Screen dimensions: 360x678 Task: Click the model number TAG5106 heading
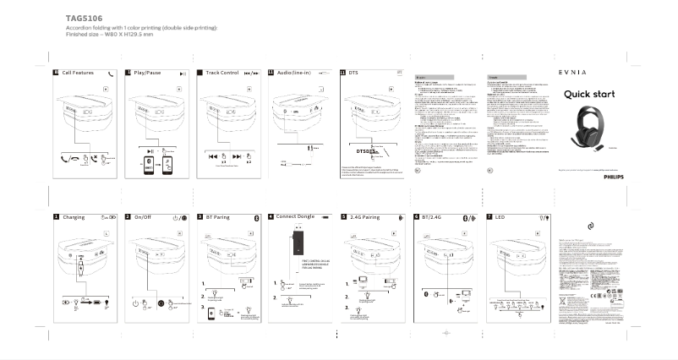[x=85, y=17]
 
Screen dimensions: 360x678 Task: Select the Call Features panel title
[x=78, y=74]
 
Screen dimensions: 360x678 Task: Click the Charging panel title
[x=74, y=217]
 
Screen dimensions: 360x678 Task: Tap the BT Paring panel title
[x=218, y=217]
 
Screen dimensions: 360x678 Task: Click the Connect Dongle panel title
[x=295, y=216]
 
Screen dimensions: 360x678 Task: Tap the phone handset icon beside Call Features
[x=111, y=74]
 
